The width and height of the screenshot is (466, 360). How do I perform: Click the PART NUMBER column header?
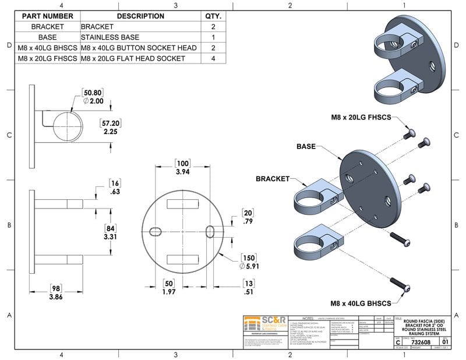47,16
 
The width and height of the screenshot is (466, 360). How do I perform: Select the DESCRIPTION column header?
140,16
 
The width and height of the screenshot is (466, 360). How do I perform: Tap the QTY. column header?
213,16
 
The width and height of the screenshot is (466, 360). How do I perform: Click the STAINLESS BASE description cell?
107,37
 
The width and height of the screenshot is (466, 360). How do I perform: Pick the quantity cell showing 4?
213,58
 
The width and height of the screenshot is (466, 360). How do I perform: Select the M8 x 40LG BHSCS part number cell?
47,48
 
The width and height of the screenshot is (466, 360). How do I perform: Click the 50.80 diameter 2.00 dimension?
93,97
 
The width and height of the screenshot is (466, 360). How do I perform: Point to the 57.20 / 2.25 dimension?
111,128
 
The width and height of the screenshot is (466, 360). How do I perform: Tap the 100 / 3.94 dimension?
183,168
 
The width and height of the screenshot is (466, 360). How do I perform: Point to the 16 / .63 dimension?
115,186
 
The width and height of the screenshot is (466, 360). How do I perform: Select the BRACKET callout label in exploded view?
273,178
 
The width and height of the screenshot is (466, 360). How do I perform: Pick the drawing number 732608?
421,343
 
